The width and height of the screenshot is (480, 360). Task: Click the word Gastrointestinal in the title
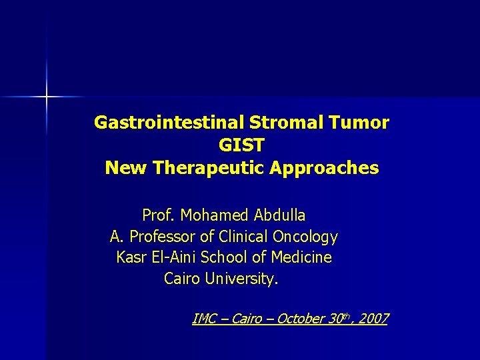click(169, 123)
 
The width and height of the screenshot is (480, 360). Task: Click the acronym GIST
click(241, 145)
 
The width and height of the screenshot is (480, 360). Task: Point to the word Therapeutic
click(210, 168)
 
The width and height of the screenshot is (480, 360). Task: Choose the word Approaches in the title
click(324, 168)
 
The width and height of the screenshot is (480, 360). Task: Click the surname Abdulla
click(277, 215)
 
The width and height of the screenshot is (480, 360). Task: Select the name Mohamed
click(212, 215)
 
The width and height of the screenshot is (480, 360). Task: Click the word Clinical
click(243, 237)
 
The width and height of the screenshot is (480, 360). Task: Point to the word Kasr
click(131, 257)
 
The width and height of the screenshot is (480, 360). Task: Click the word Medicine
click(299, 257)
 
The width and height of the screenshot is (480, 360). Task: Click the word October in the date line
click(301, 319)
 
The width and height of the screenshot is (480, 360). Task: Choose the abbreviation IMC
click(205, 319)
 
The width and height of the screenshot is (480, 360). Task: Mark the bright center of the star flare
click(47, 97)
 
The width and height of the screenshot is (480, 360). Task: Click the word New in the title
click(126, 168)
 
